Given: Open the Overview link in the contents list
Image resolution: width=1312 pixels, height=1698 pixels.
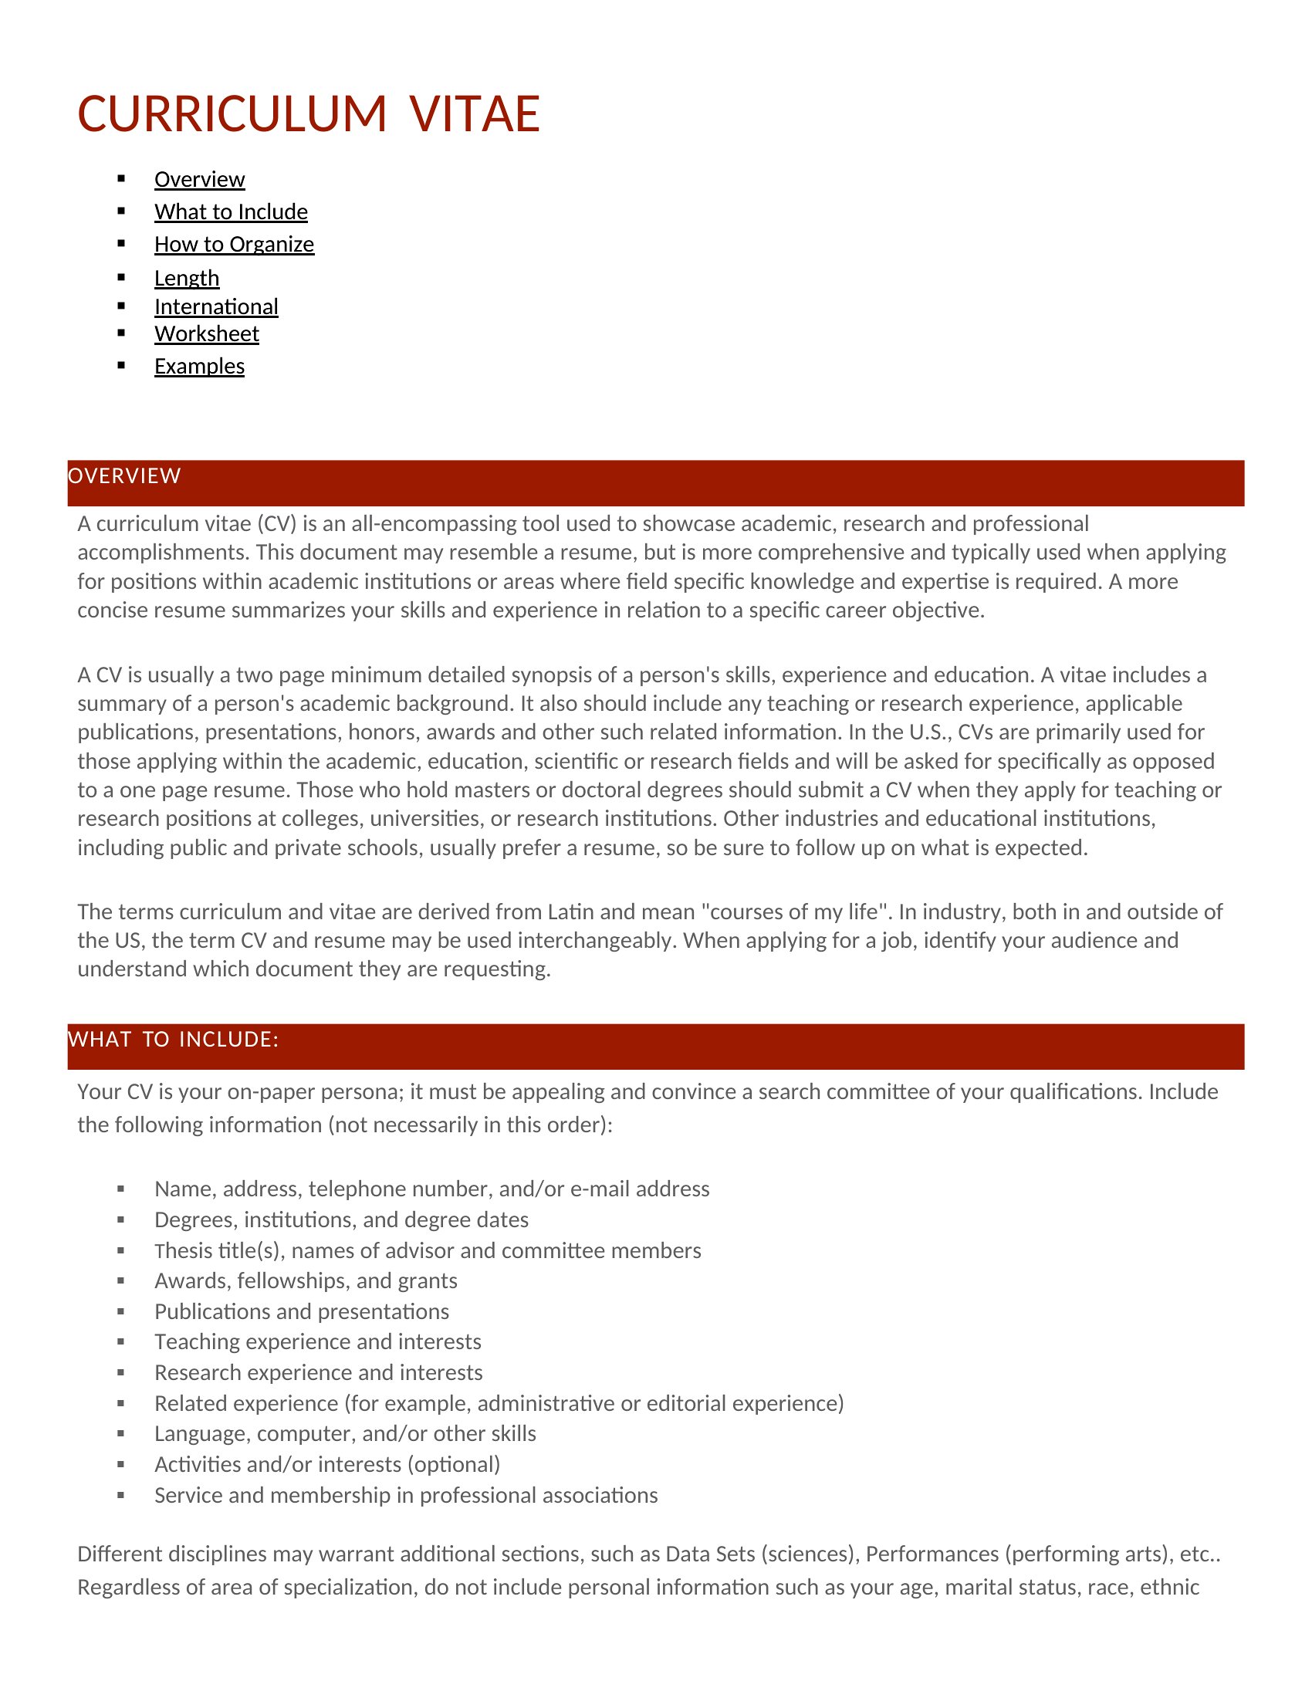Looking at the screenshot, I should pos(199,180).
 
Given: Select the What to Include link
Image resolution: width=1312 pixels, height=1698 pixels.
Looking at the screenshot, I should pos(231,212).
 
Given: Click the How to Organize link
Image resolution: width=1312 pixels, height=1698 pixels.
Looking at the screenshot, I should pos(234,245).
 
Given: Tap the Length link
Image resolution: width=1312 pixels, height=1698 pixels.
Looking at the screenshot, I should pos(187,279).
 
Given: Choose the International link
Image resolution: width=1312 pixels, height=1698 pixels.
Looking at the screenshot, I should pos(216,307).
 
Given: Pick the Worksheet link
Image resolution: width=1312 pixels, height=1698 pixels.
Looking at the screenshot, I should pos(207,334).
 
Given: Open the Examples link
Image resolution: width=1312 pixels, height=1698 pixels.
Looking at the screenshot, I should pos(199,367).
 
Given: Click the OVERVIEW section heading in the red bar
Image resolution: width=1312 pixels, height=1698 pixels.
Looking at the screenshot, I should pos(124,475).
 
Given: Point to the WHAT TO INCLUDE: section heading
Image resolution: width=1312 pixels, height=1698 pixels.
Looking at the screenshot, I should pos(174,1040).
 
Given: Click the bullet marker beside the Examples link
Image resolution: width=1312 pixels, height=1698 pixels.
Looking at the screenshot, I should pos(121,365).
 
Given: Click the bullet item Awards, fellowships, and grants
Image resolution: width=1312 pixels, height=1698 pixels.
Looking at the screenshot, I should pos(306,1281).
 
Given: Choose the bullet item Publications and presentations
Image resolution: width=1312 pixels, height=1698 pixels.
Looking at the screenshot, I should pos(302,1312).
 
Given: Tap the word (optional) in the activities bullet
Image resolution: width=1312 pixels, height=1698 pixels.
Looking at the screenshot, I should pos(454,1465).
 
